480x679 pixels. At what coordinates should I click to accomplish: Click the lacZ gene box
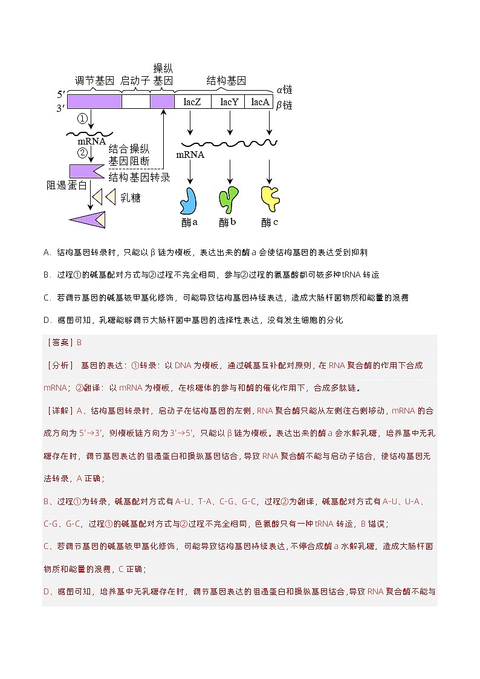192,102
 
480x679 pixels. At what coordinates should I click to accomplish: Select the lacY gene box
229,102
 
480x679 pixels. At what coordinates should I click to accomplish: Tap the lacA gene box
260,102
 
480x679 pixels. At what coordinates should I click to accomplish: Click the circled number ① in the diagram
83,119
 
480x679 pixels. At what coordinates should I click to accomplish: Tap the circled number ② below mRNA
83,152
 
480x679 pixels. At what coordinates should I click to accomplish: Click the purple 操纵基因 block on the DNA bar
162,102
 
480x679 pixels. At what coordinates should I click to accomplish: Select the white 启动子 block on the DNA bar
135,102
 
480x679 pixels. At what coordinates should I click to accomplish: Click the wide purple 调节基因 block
94,102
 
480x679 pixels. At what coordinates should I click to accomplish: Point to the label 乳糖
130,198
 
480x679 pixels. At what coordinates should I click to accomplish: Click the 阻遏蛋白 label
67,184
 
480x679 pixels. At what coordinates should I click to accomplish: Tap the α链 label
284,89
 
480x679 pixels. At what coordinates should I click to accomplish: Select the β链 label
284,105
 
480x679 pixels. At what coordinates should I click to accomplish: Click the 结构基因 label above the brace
227,81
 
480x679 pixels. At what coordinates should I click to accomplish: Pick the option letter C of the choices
47,297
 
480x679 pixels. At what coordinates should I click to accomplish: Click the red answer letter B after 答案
79,342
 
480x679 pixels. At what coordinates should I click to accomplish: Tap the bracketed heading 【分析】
59,365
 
